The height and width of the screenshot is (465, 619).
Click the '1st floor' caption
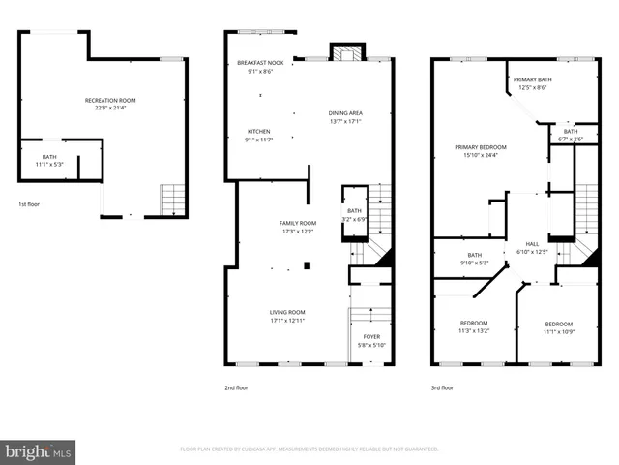click(30, 204)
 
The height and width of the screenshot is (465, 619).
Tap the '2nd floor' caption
click(236, 387)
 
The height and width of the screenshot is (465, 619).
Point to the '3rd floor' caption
click(444, 387)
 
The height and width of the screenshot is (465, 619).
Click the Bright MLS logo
click(39, 451)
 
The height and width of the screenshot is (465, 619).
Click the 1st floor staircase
click(172, 201)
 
